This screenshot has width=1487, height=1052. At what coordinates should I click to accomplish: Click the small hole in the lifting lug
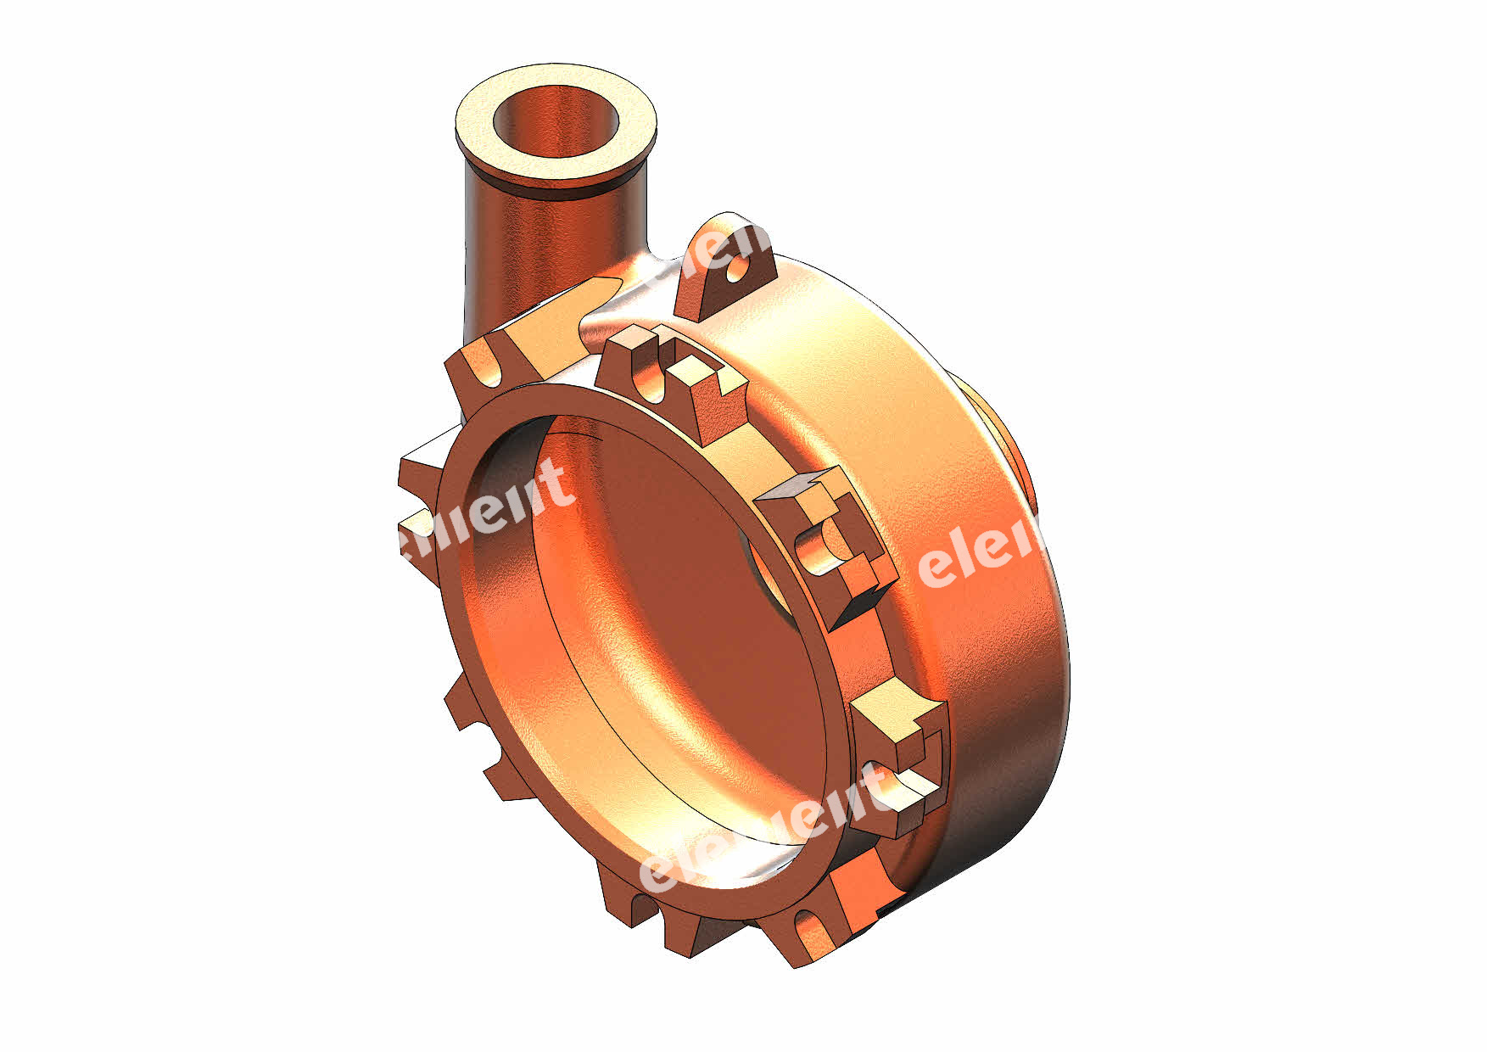pos(740,271)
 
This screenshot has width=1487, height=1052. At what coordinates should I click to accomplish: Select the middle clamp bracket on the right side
pos(827,543)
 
